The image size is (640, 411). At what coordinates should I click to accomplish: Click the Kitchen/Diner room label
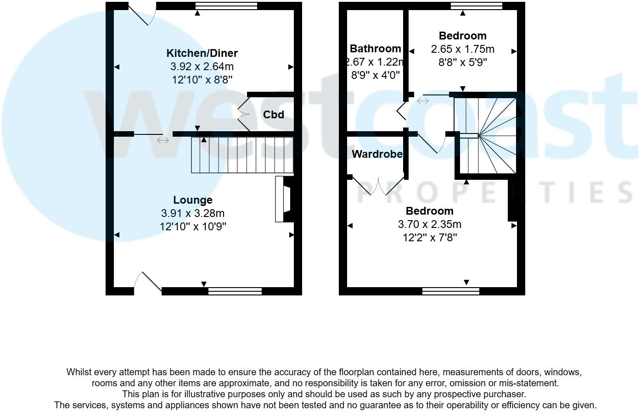click(202, 53)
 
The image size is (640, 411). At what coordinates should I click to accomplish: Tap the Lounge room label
click(193, 200)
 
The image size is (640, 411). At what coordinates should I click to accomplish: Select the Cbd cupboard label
click(274, 115)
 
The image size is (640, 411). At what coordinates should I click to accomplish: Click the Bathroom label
click(375, 49)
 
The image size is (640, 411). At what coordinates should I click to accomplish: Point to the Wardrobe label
click(377, 155)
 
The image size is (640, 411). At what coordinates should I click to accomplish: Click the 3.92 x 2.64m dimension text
click(202, 67)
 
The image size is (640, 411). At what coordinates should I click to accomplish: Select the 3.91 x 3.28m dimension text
click(193, 213)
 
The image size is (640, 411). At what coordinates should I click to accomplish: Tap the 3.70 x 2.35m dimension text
click(429, 224)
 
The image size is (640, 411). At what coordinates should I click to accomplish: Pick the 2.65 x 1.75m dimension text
click(462, 49)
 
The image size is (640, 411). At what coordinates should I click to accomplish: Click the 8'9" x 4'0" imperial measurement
click(375, 75)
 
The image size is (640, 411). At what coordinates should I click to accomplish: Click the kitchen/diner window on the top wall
click(226, 6)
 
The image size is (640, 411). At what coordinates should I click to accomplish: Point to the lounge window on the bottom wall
click(235, 291)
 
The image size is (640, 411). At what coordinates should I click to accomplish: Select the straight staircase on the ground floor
click(242, 155)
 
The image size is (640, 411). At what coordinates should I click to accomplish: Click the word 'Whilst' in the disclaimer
click(79, 372)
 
